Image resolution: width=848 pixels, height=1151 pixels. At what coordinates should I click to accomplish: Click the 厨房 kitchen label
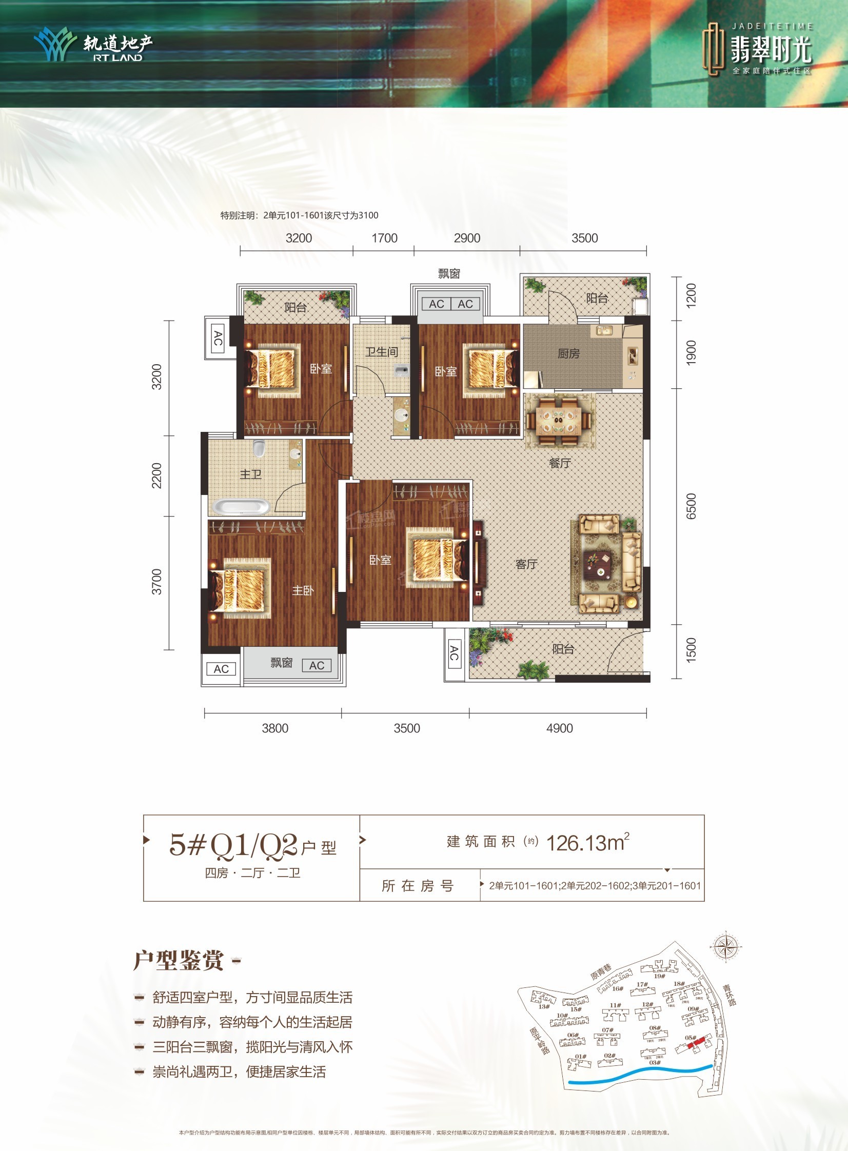point(568,353)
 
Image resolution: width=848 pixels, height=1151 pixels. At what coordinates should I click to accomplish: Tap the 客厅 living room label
point(526,564)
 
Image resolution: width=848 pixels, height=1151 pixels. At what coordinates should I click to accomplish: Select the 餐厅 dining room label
point(560,463)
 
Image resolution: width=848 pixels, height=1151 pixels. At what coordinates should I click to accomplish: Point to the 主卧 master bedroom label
point(303,591)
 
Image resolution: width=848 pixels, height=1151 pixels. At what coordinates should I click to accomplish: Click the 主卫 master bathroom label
point(250,474)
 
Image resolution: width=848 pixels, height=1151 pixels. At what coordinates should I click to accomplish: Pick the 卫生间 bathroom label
point(381,352)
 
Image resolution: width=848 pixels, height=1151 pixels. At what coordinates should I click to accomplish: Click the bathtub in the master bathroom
point(241,507)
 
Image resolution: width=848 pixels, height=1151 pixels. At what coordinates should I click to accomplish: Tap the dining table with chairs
point(560,419)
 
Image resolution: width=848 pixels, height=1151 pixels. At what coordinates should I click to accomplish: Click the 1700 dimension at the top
point(384,238)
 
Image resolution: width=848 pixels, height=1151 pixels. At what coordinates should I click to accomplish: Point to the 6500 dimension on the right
point(692,506)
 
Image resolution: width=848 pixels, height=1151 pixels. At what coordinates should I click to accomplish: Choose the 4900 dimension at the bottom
point(560,728)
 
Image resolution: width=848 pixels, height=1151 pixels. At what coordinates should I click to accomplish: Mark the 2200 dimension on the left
point(156,475)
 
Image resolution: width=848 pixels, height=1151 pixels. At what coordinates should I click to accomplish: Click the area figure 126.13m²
point(588,843)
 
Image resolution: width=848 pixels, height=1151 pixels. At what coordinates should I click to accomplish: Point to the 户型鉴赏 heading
point(179,961)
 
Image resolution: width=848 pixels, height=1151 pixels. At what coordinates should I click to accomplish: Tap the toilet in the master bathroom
point(259,448)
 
